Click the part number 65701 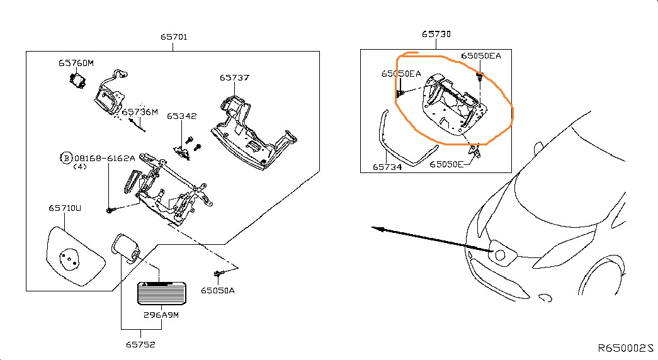174,37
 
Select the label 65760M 76,63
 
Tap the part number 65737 234,77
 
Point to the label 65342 181,116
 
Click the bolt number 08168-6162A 105,158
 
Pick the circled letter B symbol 66,158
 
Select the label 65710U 65,208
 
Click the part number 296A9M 161,315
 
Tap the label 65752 140,344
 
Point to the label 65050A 217,290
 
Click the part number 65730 436,34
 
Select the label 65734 387,167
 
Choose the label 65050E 446,164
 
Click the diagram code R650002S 625,348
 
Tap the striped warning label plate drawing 162,293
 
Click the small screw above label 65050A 218,274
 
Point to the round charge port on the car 500,255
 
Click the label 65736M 140,112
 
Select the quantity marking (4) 80,167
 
